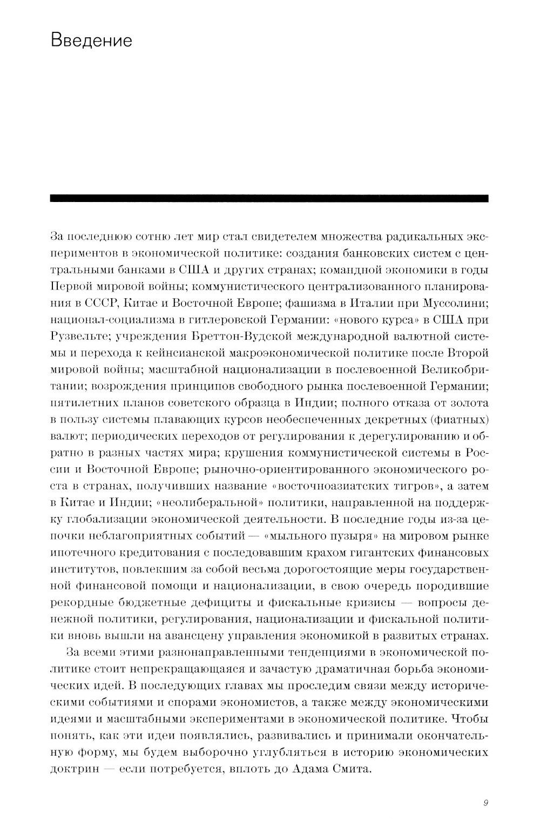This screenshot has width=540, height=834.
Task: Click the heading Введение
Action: [91, 41]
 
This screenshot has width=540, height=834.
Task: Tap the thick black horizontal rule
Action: [269, 198]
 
